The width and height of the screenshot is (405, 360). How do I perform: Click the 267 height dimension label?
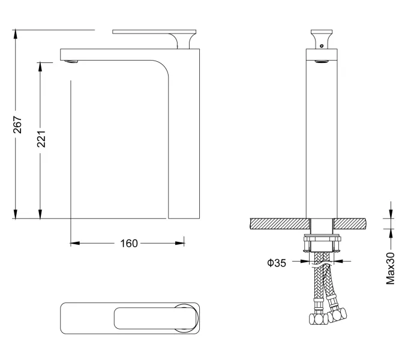click(x=17, y=125)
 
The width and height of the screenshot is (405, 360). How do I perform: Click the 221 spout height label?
click(x=41, y=139)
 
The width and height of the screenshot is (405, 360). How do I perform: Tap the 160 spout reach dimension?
click(x=129, y=243)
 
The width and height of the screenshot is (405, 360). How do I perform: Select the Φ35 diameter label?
click(x=277, y=263)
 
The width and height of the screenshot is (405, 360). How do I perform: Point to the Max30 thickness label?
click(x=390, y=269)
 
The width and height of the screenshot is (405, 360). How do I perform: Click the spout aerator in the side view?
click(x=71, y=61)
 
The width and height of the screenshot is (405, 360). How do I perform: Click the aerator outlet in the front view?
click(x=322, y=61)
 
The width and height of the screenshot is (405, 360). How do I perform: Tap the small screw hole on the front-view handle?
click(x=322, y=46)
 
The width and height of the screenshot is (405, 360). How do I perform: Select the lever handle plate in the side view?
click(x=154, y=32)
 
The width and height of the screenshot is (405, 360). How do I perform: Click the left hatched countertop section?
click(x=280, y=224)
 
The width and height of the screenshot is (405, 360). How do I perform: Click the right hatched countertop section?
click(x=349, y=224)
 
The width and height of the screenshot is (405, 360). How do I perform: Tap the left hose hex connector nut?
click(x=318, y=319)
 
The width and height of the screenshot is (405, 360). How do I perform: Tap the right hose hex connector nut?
click(x=337, y=315)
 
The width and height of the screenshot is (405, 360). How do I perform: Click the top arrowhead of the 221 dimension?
click(x=40, y=67)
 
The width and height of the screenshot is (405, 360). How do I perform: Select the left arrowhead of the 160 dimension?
click(x=75, y=243)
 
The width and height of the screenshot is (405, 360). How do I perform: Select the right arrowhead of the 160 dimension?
click(x=179, y=243)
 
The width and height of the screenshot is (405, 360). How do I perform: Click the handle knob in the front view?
click(x=322, y=39)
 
